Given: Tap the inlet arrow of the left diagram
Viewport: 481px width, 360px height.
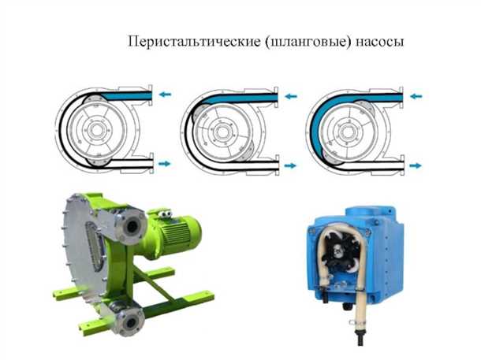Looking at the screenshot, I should [x=165, y=94].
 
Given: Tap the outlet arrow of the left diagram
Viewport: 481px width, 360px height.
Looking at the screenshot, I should [x=165, y=163].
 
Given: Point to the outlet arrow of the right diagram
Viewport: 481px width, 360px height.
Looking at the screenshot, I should [x=415, y=165].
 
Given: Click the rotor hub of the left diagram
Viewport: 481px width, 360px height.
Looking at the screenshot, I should [x=98, y=129].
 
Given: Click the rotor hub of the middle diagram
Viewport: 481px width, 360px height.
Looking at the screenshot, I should [x=223, y=130].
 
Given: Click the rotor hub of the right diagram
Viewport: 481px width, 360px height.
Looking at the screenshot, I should [x=348, y=130].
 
